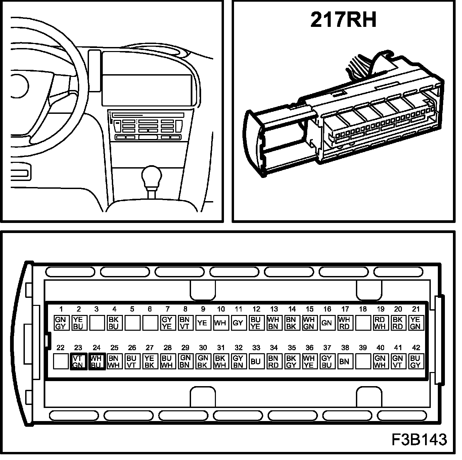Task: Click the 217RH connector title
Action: click(x=343, y=20)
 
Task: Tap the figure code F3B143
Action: click(x=419, y=439)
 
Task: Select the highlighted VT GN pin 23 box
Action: click(x=78, y=361)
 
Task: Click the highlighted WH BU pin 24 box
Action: click(x=96, y=361)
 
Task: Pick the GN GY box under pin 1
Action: click(x=61, y=323)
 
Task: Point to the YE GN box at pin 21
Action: click(x=415, y=323)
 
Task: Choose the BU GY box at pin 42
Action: click(x=415, y=361)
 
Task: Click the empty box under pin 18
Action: click(x=362, y=323)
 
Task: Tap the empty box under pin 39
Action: click(x=362, y=361)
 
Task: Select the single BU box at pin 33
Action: click(x=256, y=361)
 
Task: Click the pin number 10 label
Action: click(x=221, y=309)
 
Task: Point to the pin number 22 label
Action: click(x=60, y=348)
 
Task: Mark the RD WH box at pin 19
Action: click(x=380, y=323)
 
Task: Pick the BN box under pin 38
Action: click(x=344, y=361)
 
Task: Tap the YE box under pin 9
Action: click(x=202, y=323)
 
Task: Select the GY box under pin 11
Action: click(x=238, y=323)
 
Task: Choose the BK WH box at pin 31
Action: click(x=221, y=361)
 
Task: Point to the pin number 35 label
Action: click(x=292, y=348)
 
